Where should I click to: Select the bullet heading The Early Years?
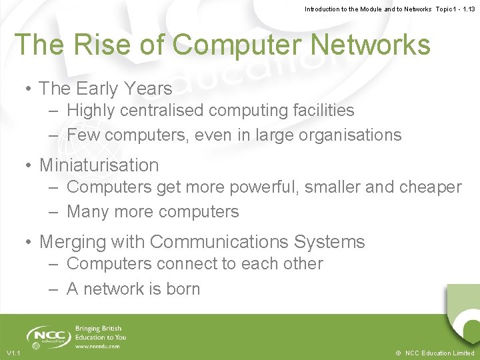pos(105,88)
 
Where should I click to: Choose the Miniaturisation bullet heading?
pos(99,165)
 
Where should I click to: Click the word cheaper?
pos(430,187)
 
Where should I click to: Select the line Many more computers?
pos(153,212)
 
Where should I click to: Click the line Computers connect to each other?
pos(195,263)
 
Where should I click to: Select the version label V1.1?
pos(13,353)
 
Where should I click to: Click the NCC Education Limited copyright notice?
pos(434,353)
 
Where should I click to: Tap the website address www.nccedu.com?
pos(97,346)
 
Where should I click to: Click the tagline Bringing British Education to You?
pos(100,333)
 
